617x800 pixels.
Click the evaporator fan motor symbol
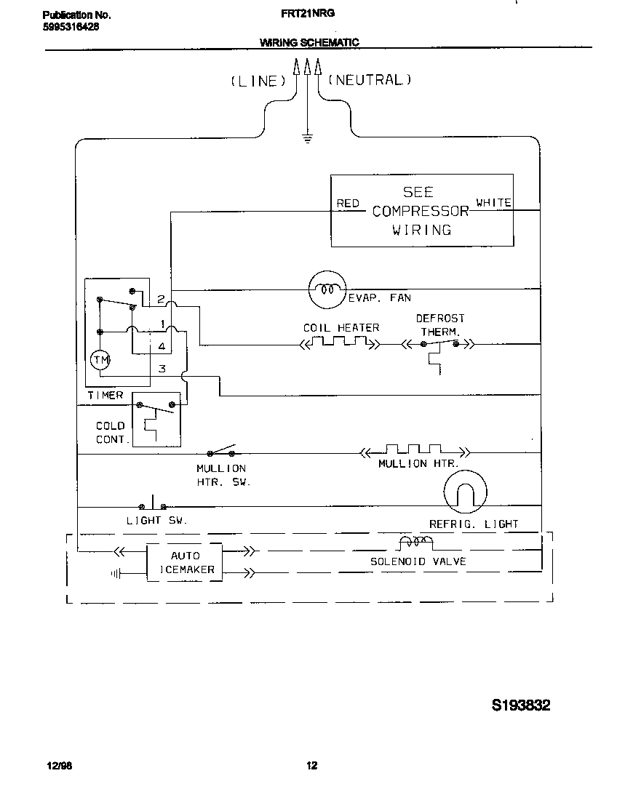click(326, 289)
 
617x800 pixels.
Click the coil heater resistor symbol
click(341, 343)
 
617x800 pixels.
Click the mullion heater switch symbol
click(221, 449)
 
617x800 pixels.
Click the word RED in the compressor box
click(348, 204)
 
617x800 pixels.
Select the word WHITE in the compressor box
click(493, 203)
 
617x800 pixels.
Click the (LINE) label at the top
click(258, 81)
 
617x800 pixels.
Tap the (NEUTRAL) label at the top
click(370, 80)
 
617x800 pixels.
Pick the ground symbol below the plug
click(308, 138)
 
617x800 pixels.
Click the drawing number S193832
click(521, 705)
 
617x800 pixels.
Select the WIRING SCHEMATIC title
click(309, 43)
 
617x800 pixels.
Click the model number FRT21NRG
click(307, 13)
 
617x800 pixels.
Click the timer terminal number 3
click(162, 369)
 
